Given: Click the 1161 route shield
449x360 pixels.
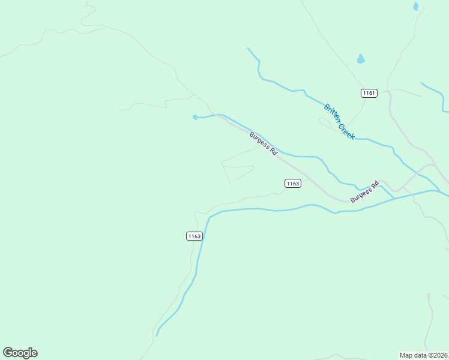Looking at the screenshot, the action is coord(369,93).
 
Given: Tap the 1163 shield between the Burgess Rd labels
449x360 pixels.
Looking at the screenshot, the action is coord(292,183).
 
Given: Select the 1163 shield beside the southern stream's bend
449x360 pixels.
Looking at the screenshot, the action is coord(194,236).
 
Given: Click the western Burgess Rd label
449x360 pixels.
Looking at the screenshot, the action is coord(264,144).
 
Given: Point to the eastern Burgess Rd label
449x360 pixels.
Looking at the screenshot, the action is coord(365,191).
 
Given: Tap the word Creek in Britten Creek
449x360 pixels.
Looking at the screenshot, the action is coord(346,131).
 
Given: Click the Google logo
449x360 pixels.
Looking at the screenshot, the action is coord(20,353).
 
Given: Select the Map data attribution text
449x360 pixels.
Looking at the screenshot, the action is coord(424,355).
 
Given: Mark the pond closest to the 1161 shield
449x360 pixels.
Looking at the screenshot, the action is coord(361,59).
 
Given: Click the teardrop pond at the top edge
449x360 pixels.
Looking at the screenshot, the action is coord(415,6).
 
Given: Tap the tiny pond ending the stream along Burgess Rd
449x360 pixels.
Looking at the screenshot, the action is coord(194,117).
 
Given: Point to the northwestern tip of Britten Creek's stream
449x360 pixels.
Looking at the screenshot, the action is coord(249,49).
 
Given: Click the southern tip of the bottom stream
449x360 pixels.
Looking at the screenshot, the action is coord(157,335).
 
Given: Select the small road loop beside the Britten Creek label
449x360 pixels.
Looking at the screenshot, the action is coord(325,122).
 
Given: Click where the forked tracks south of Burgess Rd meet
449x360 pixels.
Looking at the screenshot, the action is coord(222,162).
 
